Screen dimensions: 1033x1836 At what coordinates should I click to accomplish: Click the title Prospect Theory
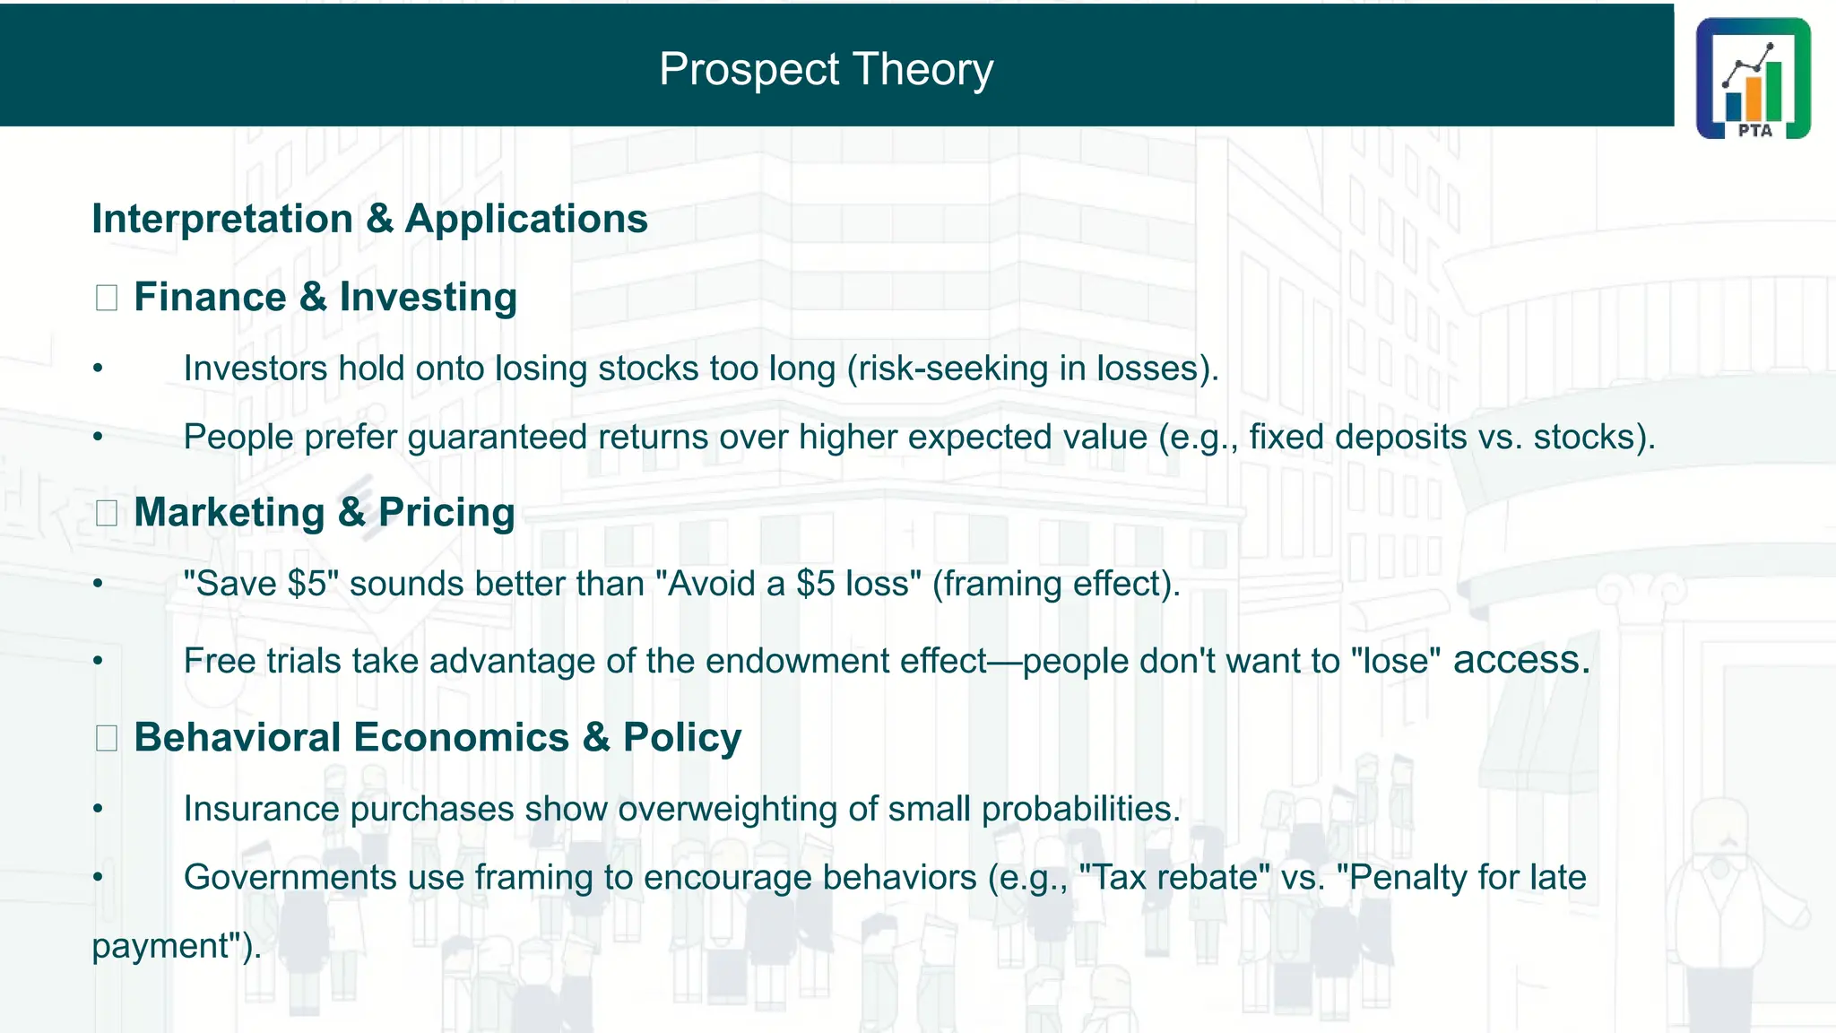[826, 69]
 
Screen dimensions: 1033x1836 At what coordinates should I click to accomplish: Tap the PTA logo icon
[1753, 78]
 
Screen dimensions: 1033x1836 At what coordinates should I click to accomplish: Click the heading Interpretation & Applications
[369, 219]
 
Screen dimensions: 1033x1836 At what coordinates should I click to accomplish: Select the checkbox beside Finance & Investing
[107, 298]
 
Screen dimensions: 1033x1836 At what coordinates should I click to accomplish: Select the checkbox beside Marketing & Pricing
[107, 513]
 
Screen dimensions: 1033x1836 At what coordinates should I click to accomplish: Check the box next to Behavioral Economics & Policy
[107, 738]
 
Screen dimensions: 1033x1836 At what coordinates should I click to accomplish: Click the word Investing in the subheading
[428, 297]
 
